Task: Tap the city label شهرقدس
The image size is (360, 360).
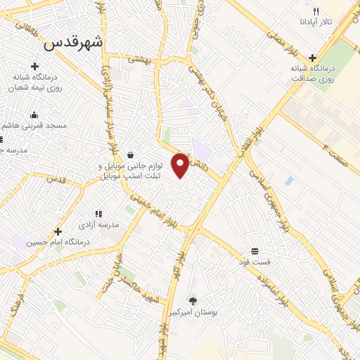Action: coord(73,42)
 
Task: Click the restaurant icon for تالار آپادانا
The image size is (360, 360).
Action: coord(316,12)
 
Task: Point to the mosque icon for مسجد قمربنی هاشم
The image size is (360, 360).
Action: coord(33,115)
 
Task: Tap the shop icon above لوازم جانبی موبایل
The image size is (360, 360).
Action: coord(131,155)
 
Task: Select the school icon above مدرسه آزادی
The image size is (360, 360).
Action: coord(98,213)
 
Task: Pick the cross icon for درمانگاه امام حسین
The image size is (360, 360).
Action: coord(58,231)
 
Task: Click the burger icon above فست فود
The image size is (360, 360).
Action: coord(254,250)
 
